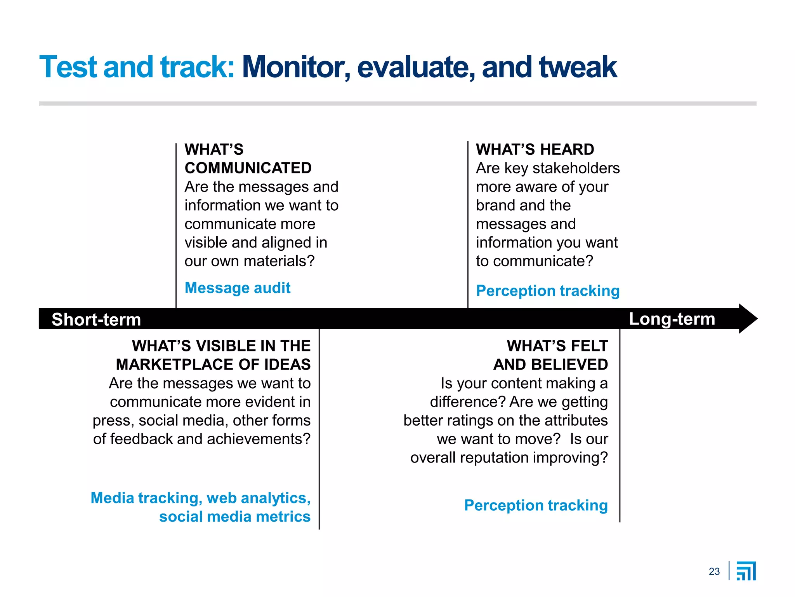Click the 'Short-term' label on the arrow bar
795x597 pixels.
(x=96, y=319)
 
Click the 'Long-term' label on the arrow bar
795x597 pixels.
(x=672, y=319)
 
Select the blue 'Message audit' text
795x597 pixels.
(x=238, y=288)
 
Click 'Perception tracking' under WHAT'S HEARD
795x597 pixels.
(x=547, y=291)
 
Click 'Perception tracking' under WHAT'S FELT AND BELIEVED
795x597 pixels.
(x=536, y=505)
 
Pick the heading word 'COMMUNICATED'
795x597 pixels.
(x=248, y=168)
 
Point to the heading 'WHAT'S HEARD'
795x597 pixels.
(x=535, y=150)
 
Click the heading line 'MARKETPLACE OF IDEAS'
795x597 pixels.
(x=213, y=365)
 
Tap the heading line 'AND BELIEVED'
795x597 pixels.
(x=550, y=365)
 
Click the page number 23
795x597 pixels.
(x=714, y=571)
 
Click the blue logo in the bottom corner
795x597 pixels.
(x=746, y=571)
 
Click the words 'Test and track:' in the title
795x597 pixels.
(x=137, y=67)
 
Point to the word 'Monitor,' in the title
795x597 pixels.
(x=296, y=67)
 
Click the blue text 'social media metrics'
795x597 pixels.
(x=234, y=517)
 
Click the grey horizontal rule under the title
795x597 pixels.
(x=397, y=103)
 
